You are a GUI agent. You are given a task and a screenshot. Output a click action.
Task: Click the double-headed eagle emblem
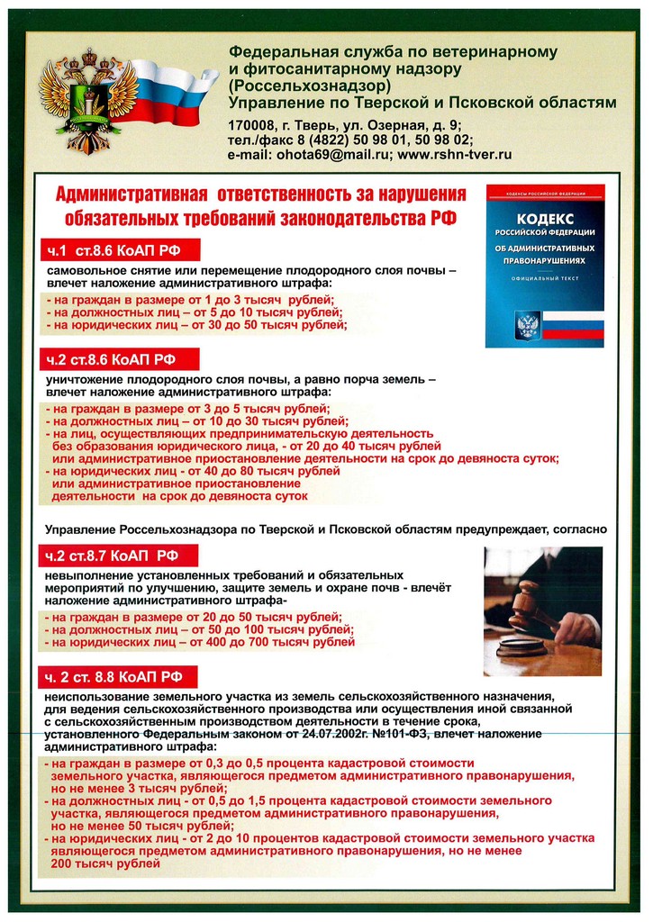[x=88, y=100]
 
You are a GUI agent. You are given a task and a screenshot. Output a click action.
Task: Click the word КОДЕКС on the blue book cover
[x=544, y=220]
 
